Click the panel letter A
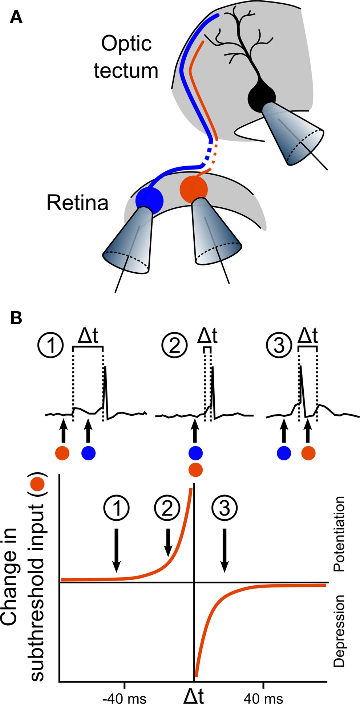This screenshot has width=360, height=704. [x=16, y=17]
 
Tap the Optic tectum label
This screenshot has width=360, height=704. [x=126, y=57]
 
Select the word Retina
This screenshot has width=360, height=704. [x=77, y=203]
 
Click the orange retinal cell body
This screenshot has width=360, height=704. [x=194, y=189]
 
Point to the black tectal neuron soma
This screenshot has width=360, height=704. [x=262, y=98]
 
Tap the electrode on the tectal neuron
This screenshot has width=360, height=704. [x=294, y=134]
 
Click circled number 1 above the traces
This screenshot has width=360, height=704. [x=50, y=345]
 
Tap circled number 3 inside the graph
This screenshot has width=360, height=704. [x=225, y=508]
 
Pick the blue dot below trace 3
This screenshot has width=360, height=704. [x=284, y=453]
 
